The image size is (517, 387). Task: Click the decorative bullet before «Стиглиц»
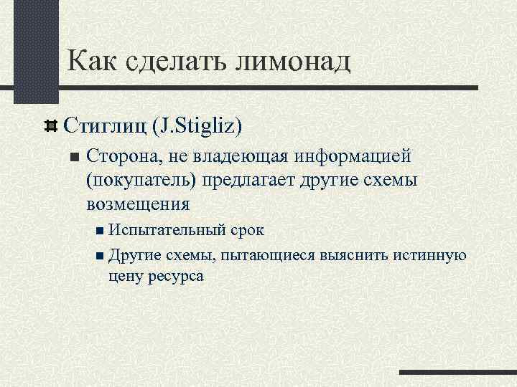[51, 126]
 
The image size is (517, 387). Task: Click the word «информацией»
[348, 156]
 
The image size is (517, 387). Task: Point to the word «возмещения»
[138, 204]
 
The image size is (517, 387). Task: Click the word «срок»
[246, 231]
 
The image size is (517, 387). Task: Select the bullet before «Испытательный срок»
[100, 231]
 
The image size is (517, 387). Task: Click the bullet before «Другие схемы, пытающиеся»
[100, 255]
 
